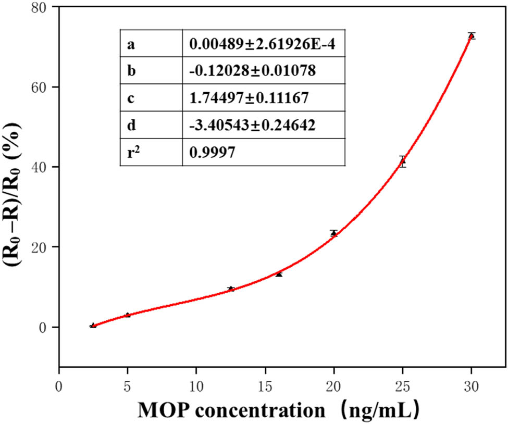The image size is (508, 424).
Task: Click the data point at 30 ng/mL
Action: coord(471,35)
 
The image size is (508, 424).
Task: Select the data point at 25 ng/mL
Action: coord(402,161)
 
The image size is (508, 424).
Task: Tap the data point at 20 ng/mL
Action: coord(333,233)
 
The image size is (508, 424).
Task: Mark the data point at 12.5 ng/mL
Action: coord(231,289)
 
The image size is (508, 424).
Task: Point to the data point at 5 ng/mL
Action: coord(128,315)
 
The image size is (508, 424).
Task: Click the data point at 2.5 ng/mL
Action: coord(93,325)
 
